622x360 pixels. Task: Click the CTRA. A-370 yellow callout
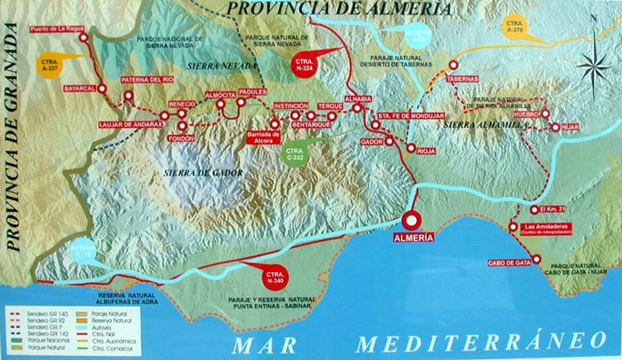point(515,26)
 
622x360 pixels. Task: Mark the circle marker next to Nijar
point(553,126)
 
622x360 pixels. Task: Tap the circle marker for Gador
point(389,142)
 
